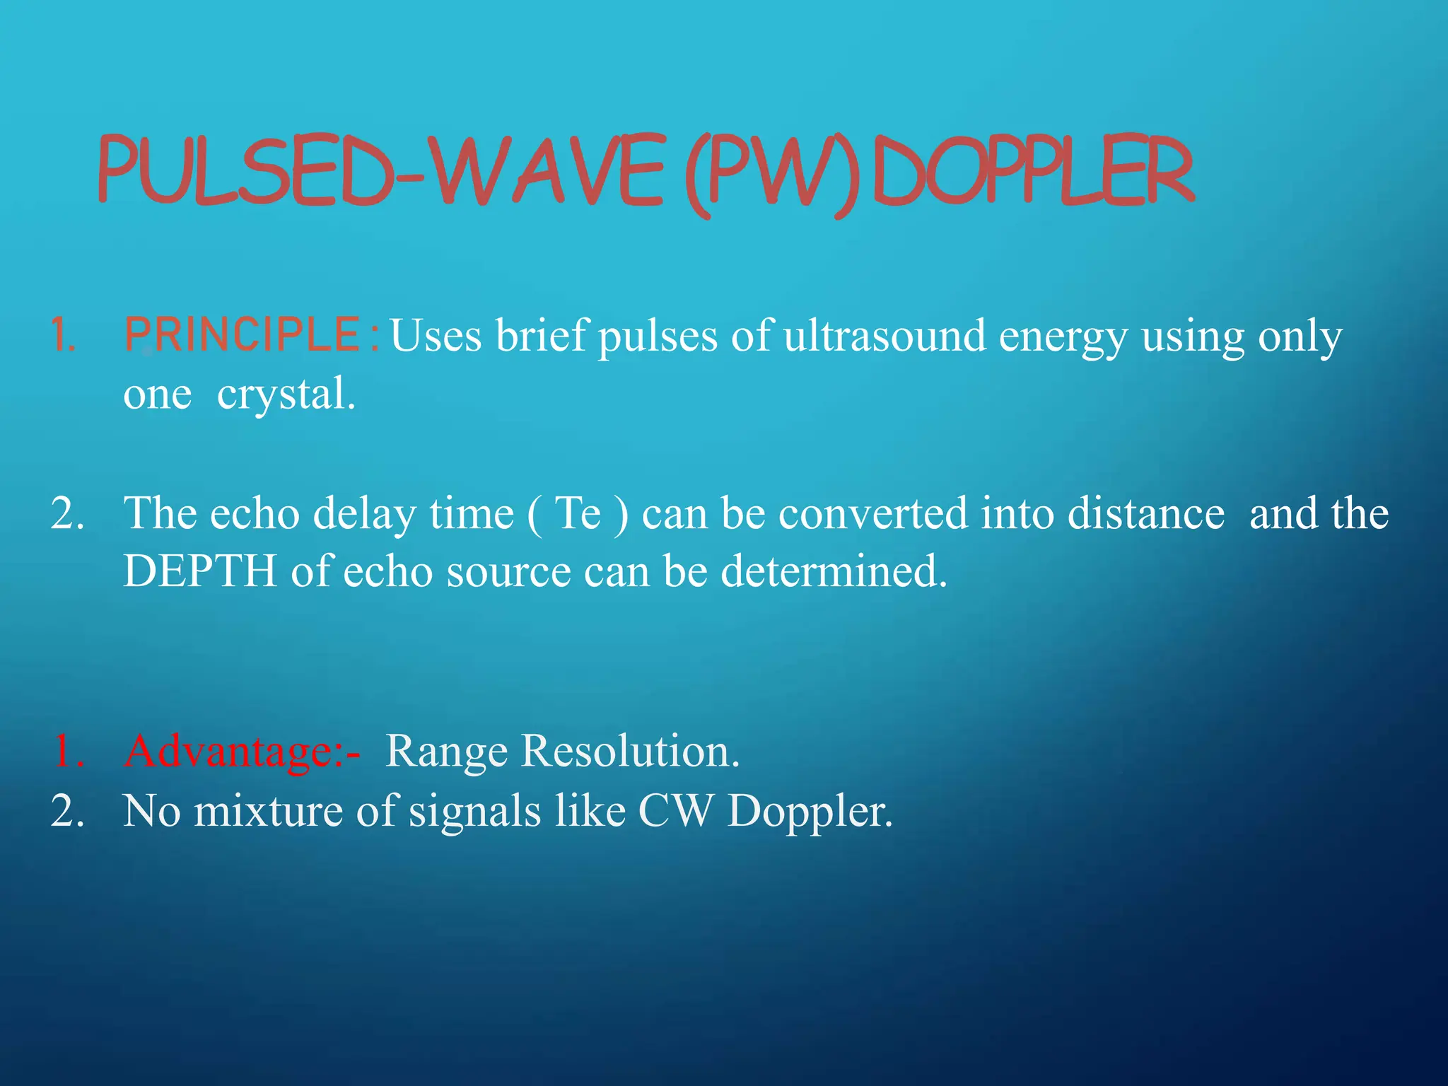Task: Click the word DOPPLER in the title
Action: coord(1032,171)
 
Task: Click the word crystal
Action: coord(285,394)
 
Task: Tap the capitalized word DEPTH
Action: coord(199,571)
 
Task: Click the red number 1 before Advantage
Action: coord(67,751)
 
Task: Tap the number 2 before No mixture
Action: coord(67,810)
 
